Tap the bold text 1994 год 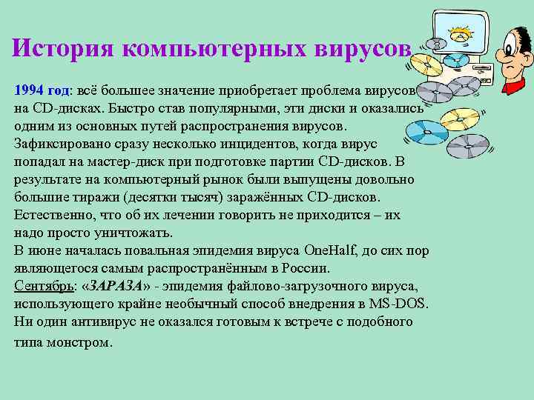[x=41, y=90]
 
